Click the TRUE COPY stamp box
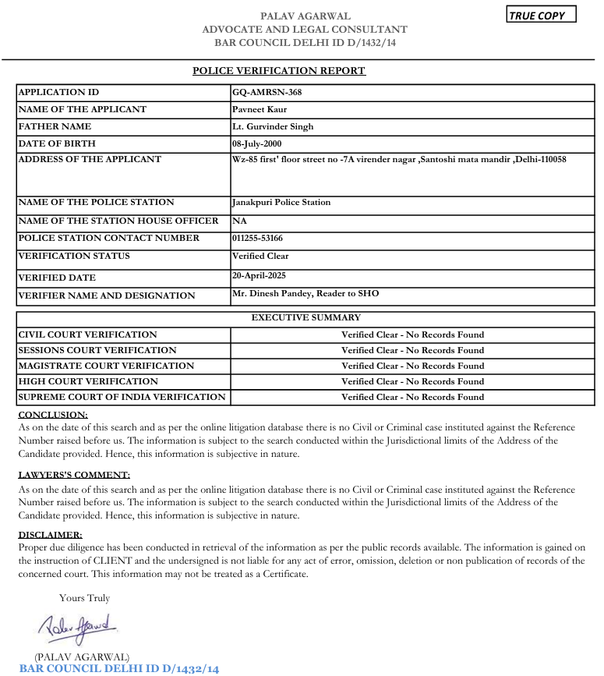click(x=542, y=15)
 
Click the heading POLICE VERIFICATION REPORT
click(x=279, y=71)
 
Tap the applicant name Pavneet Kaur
click(x=260, y=109)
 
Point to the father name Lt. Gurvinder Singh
click(x=273, y=126)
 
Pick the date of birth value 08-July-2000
click(x=256, y=143)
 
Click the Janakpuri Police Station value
click(x=281, y=203)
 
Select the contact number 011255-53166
click(x=257, y=239)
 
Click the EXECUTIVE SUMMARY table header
click(x=306, y=317)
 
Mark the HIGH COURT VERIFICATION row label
click(x=88, y=381)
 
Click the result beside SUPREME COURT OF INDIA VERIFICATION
click(x=412, y=397)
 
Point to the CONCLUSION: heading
click(x=53, y=415)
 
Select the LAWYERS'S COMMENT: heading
click(x=74, y=475)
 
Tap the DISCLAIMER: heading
click(x=50, y=535)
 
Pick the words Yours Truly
click(x=84, y=598)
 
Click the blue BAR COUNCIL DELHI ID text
click(x=119, y=669)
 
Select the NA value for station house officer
click(x=238, y=221)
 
